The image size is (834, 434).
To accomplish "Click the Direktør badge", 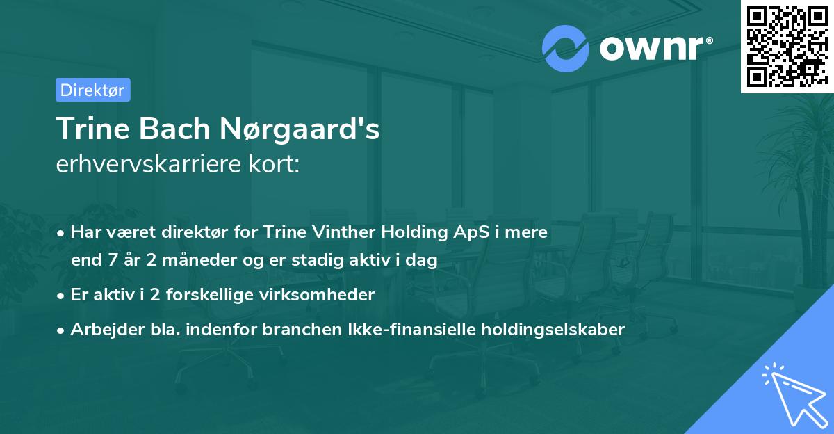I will click(x=92, y=90).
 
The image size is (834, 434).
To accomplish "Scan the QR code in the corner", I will click(x=787, y=46).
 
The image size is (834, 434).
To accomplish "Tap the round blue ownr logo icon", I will click(x=566, y=48).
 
